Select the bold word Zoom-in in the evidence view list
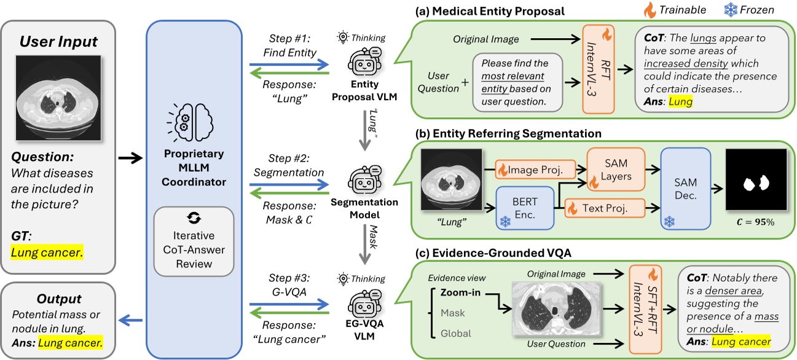click(460, 292)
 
